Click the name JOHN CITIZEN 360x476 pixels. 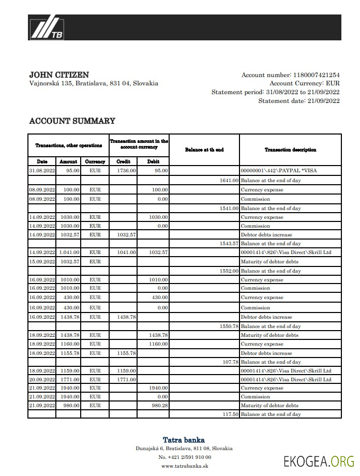pos(59,75)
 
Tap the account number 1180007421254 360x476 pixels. pos(317,75)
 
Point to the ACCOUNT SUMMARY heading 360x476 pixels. pos(72,121)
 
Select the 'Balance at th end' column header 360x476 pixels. pos(204,150)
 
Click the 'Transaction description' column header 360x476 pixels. pos(290,150)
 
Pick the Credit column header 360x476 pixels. pos(124,162)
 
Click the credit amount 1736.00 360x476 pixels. pos(126,170)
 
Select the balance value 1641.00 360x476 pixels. pos(229,181)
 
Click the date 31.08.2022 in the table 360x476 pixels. pos(42,170)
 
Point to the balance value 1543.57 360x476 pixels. pos(229,243)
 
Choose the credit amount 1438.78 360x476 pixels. pos(126,317)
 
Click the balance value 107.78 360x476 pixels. pos(230,362)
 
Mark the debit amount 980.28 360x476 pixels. pos(158,406)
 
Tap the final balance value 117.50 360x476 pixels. pos(230,414)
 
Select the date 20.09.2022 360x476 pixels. pos(42,380)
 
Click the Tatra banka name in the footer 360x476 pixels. pos(184,440)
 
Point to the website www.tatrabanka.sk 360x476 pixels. pos(184,466)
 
